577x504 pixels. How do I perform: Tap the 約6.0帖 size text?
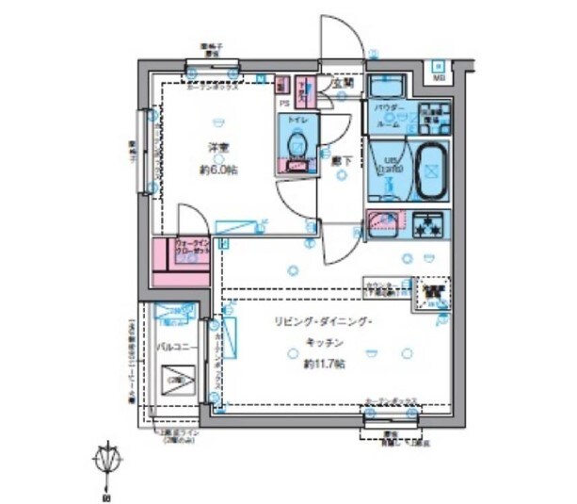click(217, 170)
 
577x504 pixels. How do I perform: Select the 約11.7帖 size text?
click(324, 364)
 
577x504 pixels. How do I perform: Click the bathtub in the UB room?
click(430, 171)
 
